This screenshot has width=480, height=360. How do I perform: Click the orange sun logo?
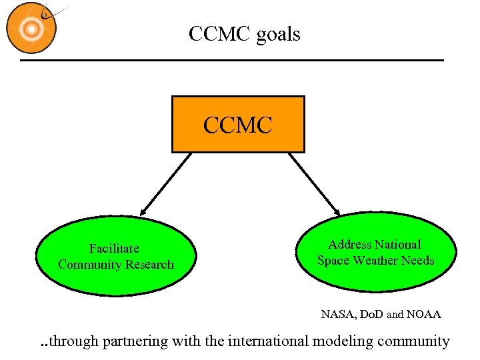coord(31,28)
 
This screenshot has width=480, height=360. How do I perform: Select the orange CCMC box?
coord(238,125)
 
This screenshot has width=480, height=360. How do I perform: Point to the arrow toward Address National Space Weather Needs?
coord(315,183)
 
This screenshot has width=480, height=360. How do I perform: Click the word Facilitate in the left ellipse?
coord(115,249)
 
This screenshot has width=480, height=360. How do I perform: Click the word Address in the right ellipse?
coord(351,245)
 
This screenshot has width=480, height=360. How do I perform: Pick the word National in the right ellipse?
coord(397,245)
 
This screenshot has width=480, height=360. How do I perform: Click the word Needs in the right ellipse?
coord(419,261)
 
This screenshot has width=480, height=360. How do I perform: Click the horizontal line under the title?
coord(232,61)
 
